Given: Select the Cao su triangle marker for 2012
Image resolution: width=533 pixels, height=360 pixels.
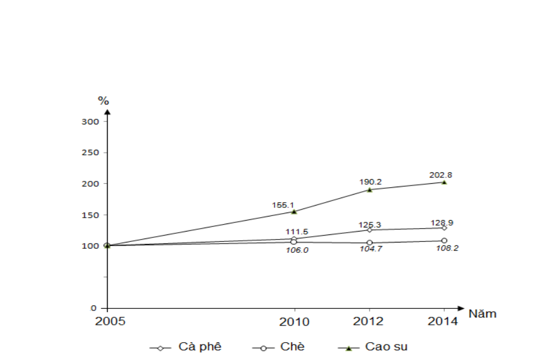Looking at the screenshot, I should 370,189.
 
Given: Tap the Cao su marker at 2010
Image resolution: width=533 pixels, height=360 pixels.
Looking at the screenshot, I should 294,211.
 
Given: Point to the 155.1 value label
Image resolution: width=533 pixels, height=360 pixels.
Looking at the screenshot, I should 283,204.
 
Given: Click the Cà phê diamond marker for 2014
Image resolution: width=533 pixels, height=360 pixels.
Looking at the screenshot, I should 444,228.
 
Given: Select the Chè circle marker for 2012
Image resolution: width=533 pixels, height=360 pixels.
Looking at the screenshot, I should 370,243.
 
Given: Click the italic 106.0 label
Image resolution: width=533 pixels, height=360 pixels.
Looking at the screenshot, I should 298,250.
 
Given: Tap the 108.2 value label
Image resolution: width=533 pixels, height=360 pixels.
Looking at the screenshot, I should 447,248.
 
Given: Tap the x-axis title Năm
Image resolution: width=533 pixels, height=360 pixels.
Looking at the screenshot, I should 482,314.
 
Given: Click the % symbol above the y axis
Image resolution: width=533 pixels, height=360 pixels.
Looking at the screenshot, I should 103,101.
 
